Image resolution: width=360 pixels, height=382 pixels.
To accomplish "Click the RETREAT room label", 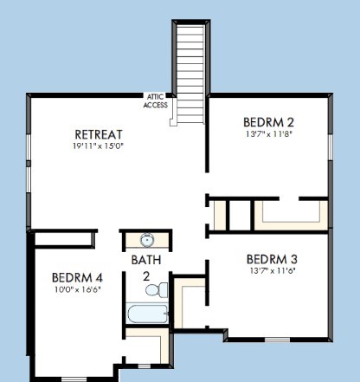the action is tap(99, 134).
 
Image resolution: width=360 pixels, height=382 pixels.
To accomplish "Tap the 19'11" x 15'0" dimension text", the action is tap(98, 146).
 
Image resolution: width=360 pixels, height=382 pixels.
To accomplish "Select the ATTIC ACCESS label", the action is tap(156, 100).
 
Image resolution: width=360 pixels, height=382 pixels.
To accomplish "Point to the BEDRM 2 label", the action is tap(268, 122).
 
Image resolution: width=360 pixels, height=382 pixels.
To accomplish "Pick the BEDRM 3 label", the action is tap(272, 259).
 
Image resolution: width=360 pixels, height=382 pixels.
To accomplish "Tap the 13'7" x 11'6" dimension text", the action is tap(273, 271).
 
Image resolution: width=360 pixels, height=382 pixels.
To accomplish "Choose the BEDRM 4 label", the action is tap(77, 278).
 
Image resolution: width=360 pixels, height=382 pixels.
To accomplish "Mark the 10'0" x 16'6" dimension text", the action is tap(78, 289).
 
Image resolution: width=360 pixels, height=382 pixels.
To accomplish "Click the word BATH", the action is tap(146, 260).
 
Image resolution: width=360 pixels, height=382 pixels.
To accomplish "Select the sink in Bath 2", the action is tap(147, 240).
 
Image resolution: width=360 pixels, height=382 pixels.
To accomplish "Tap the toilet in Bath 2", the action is tap(157, 289).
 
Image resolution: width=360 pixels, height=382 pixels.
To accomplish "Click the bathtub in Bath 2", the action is tap(147, 314).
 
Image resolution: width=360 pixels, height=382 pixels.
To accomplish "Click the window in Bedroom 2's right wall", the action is tap(331, 147).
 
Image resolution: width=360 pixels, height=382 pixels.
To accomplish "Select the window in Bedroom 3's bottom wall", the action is tap(277, 340).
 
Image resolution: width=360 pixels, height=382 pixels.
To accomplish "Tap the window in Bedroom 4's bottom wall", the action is tap(74, 379).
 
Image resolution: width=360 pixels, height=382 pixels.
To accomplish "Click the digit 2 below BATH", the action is tap(146, 276).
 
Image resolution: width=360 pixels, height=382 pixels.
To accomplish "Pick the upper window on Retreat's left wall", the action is tap(29, 147).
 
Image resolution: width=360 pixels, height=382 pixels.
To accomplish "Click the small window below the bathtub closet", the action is tap(144, 366).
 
